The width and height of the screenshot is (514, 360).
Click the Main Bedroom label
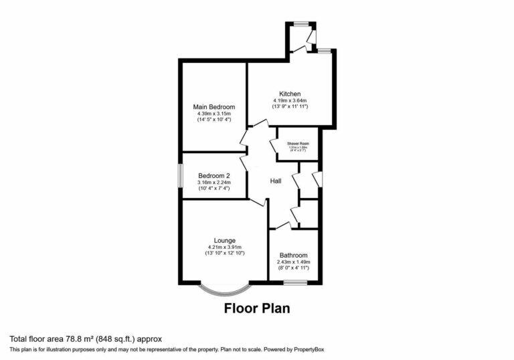(214, 107)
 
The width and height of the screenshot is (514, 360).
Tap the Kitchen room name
(290, 94)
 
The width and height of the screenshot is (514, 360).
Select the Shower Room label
(298, 143)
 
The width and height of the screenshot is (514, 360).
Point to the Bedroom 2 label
(213, 175)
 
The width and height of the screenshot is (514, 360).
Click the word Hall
(275, 181)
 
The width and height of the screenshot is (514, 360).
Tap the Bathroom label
(294, 255)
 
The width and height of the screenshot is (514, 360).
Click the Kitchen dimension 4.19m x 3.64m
(290, 100)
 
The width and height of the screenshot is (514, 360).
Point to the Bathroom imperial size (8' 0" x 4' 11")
(294, 268)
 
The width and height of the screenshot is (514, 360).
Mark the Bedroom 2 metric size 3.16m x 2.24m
(213, 182)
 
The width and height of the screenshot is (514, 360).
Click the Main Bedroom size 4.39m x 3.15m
(214, 114)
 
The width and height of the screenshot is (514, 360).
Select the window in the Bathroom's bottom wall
(294, 282)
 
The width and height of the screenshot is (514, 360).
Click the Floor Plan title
(256, 309)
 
